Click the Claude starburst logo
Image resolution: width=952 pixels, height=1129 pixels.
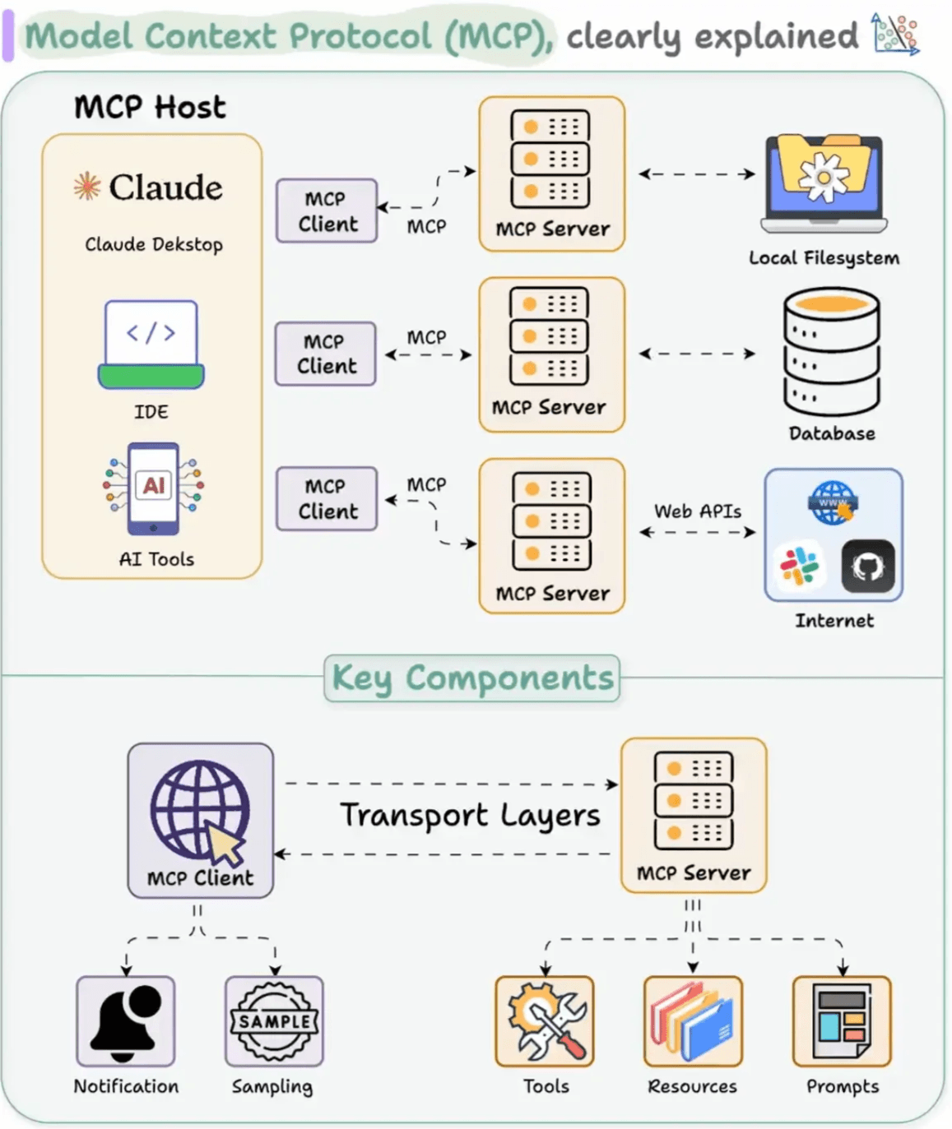(86, 187)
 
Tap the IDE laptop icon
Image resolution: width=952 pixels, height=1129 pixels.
(151, 344)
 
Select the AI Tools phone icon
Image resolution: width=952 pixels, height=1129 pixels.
(154, 488)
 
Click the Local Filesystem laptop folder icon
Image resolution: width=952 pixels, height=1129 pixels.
(824, 183)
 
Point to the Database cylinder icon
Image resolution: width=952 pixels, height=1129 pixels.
(832, 351)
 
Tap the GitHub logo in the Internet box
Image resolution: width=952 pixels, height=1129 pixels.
(867, 567)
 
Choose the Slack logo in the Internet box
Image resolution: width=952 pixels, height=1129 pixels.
(799, 567)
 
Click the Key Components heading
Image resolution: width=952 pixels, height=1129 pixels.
(472, 678)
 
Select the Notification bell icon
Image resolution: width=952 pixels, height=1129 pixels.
(126, 1021)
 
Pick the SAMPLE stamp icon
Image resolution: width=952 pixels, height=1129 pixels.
(274, 1021)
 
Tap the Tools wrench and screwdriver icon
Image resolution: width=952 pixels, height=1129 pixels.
(545, 1021)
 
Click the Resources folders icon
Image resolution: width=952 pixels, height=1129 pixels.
(693, 1021)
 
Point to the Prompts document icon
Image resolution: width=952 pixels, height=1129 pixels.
(842, 1021)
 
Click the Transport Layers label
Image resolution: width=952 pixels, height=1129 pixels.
(470, 816)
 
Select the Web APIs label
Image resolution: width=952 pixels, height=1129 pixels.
(698, 511)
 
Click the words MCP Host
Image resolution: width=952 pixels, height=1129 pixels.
(150, 107)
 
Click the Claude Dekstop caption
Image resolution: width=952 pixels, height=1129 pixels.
(154, 244)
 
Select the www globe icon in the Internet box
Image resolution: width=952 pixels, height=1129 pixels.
(833, 502)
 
